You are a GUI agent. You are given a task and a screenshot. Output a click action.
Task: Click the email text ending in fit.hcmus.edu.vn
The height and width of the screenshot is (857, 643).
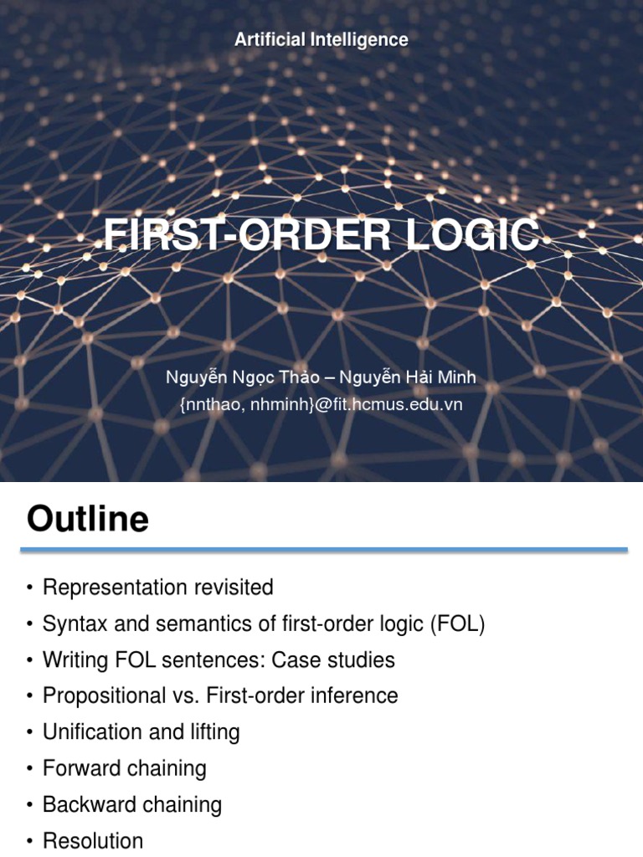[x=321, y=404]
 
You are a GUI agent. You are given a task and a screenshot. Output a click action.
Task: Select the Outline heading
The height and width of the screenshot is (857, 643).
[x=88, y=520]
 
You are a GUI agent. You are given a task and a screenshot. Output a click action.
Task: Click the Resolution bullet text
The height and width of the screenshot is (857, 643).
[x=93, y=840]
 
